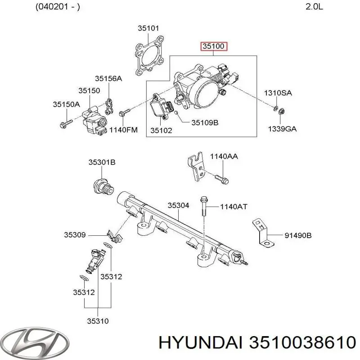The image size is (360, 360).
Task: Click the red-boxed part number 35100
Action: [x=214, y=46]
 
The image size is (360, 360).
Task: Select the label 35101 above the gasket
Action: [x=148, y=28]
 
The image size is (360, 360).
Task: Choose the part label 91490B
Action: [x=298, y=235]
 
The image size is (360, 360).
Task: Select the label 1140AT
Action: [x=234, y=207]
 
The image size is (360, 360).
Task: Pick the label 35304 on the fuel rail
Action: [x=178, y=205]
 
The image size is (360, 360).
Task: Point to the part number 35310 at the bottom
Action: [x=98, y=321]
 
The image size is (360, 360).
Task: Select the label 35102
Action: [x=161, y=130]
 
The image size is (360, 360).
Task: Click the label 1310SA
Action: [x=278, y=93]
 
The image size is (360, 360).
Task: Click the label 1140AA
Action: [x=224, y=156]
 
